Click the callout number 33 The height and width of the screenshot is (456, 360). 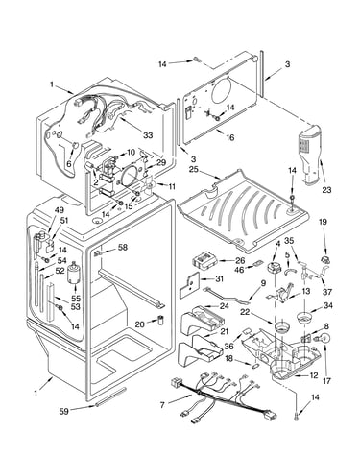coord(148,135)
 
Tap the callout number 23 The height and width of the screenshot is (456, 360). coord(326,190)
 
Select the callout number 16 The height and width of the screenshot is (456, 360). coord(230,137)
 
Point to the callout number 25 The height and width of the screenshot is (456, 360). coord(193,169)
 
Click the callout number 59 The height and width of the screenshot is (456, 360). coord(64,411)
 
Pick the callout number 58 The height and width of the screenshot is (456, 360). coord(123,247)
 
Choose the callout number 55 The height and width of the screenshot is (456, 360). coord(76,299)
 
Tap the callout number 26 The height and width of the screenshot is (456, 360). coord(240,260)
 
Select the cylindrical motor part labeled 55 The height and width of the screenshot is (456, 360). coord(74,273)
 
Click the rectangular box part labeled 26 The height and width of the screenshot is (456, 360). coord(205,259)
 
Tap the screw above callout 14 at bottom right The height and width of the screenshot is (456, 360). coord(296,416)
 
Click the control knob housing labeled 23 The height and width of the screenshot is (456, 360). coord(310,156)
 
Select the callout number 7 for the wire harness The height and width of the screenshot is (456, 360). coord(162,405)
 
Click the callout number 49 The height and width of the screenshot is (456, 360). coord(60,210)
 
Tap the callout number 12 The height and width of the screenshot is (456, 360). coord(314,375)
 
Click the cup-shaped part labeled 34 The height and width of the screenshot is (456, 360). coord(304,319)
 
